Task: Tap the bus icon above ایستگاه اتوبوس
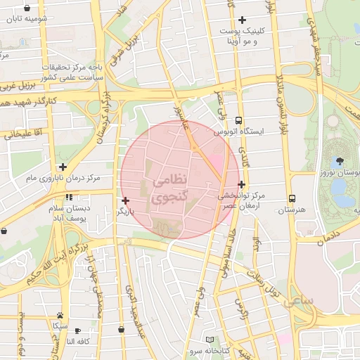tap(239, 120)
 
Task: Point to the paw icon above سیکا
tap(61, 316)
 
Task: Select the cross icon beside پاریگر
tap(126, 201)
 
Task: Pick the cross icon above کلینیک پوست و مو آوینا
tap(243, 20)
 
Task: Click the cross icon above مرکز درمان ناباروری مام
tap(63, 167)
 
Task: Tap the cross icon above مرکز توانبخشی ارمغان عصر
tap(241, 184)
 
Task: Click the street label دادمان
tap(323, 236)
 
